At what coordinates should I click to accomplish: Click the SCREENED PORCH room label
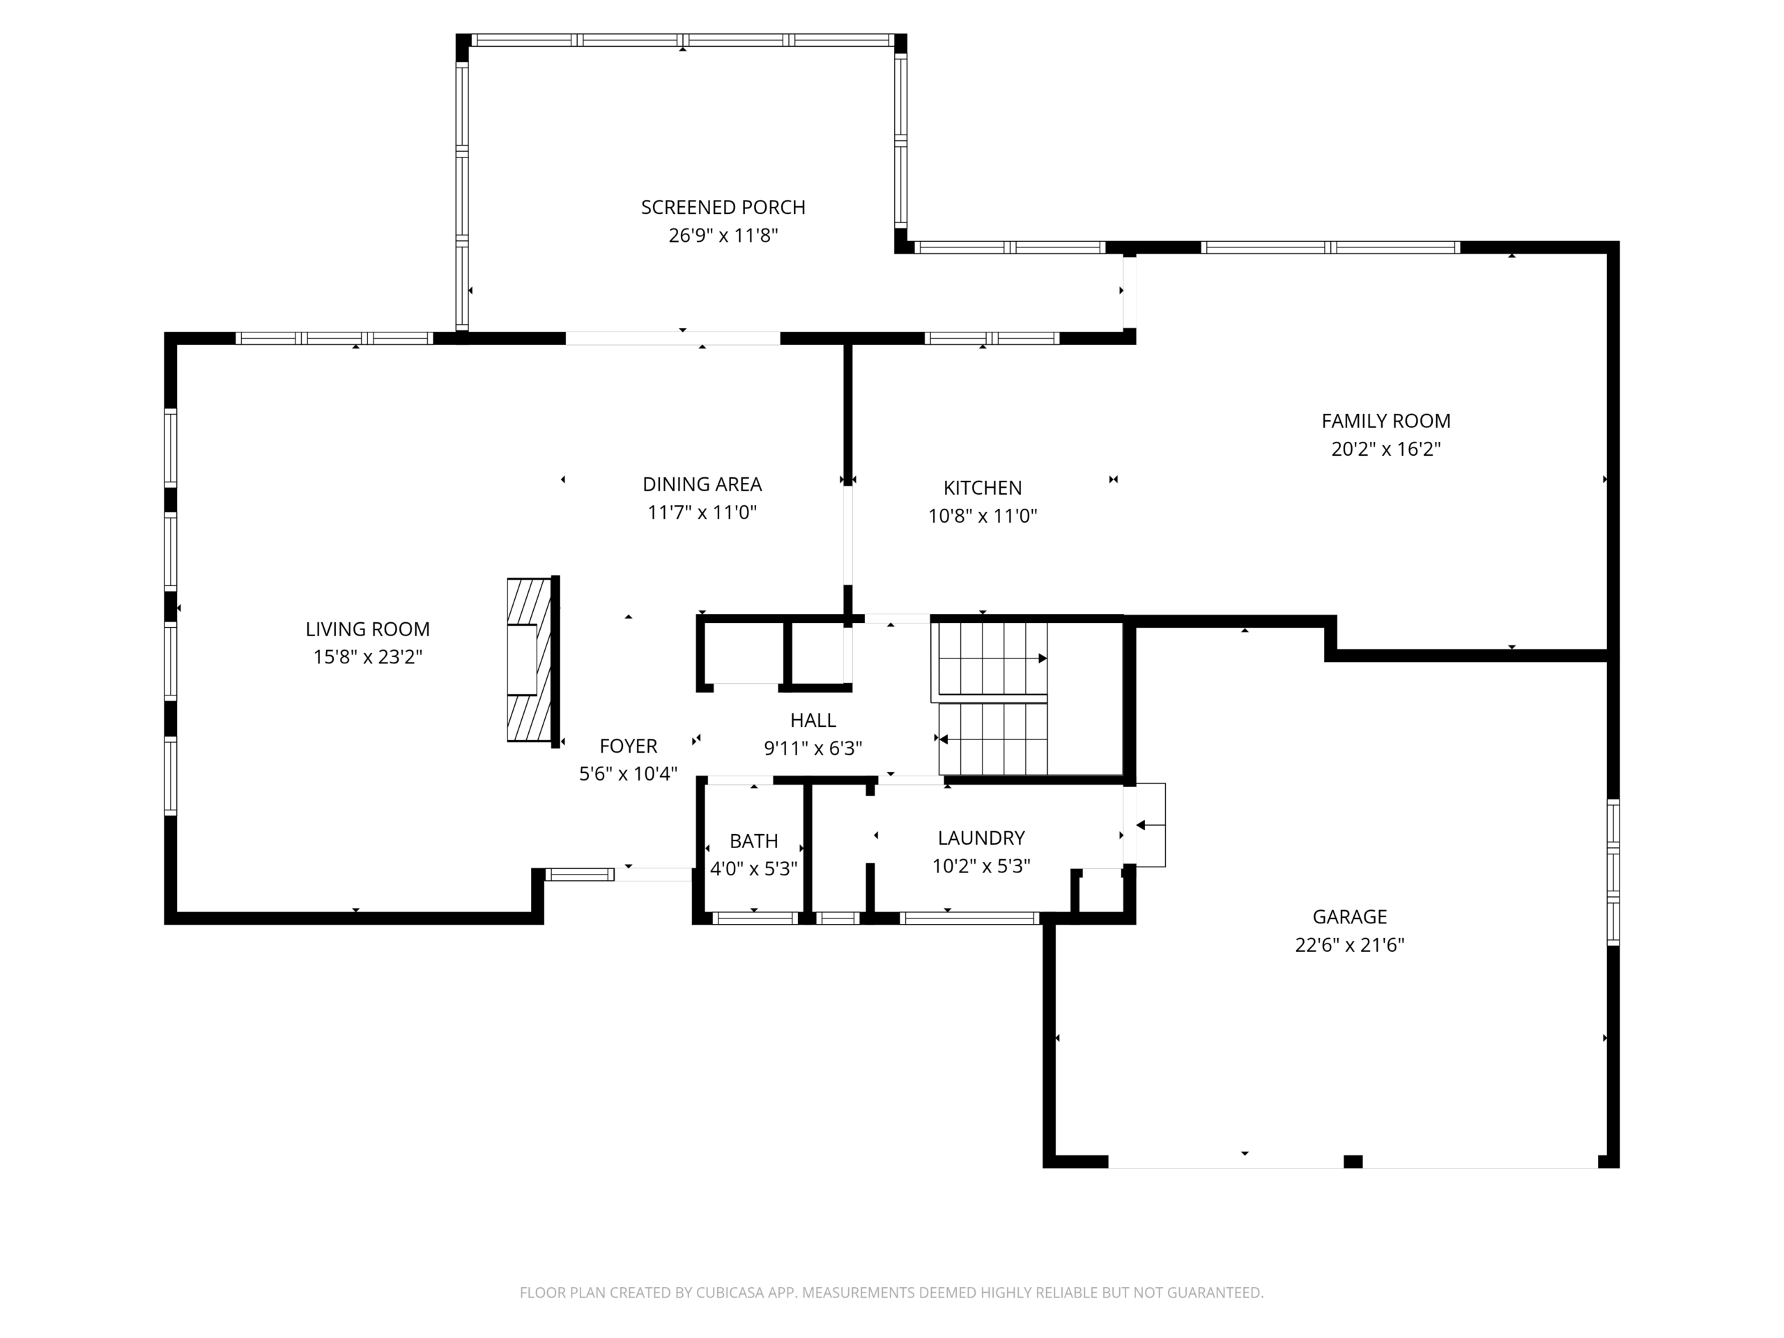click(723, 207)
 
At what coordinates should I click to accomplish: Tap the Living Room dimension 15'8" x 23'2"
click(368, 657)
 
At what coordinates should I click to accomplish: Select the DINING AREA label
click(702, 484)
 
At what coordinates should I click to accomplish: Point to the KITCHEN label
click(983, 488)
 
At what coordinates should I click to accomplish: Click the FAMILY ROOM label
click(1385, 421)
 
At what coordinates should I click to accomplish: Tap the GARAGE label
click(1349, 917)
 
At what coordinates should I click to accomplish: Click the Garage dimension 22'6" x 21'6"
click(1349, 945)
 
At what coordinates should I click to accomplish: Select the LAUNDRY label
click(981, 838)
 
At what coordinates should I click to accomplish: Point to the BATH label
click(753, 841)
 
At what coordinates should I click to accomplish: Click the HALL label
click(813, 720)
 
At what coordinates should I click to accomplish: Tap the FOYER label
click(629, 746)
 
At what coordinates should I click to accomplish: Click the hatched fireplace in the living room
click(530, 660)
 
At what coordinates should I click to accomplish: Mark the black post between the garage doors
click(1353, 1162)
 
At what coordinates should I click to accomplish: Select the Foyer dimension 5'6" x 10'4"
click(629, 774)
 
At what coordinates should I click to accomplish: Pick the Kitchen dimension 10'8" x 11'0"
click(983, 516)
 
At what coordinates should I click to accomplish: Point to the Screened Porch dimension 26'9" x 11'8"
click(723, 236)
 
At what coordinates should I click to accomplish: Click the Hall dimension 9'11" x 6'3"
click(813, 748)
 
